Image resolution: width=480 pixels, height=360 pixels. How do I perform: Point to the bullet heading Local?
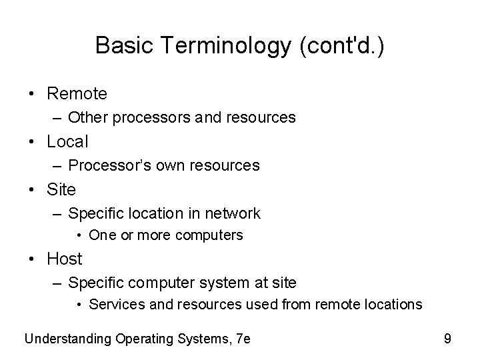point(67,141)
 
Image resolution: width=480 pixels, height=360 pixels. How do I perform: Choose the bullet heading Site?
point(62,189)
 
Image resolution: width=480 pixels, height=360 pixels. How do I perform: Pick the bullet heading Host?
point(65,259)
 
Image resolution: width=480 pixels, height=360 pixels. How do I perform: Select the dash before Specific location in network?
point(59,213)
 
